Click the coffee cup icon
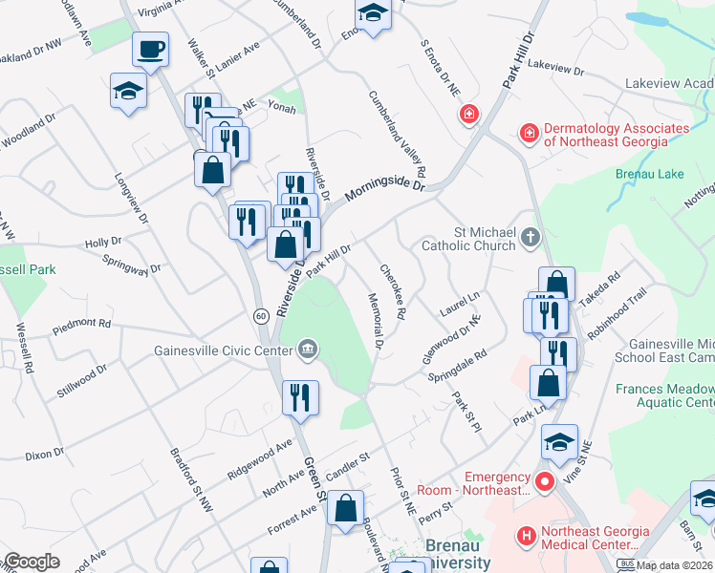pyautogui.click(x=151, y=48)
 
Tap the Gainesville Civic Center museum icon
pyautogui.click(x=308, y=349)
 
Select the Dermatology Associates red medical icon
pyautogui.click(x=528, y=133)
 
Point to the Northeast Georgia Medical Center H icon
pyautogui.click(x=525, y=537)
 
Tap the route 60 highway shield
pyautogui.click(x=260, y=315)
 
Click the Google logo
pyautogui.click(x=32, y=562)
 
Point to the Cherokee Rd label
pyautogui.click(x=394, y=292)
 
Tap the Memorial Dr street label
pyautogui.click(x=375, y=320)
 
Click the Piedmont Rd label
pyautogui.click(x=82, y=324)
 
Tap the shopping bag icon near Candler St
pyautogui.click(x=346, y=508)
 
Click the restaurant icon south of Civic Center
pyautogui.click(x=301, y=396)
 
